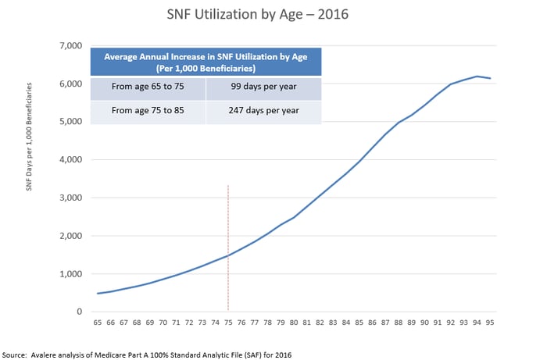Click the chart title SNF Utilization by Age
tap(257, 14)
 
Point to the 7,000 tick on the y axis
tap(71, 45)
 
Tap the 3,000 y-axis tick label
tap(71, 198)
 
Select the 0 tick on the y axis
tap(80, 312)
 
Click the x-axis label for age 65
tap(98, 323)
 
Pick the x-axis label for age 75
tap(228, 323)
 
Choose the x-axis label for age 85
tap(359, 323)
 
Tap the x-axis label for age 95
tap(490, 323)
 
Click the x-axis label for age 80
tap(294, 323)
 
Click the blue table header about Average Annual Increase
tap(206, 62)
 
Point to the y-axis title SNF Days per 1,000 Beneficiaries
tap(29, 137)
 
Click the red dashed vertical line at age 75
tap(228, 248)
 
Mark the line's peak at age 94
tap(477, 77)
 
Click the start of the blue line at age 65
tap(98, 294)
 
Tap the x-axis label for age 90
tap(424, 323)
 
